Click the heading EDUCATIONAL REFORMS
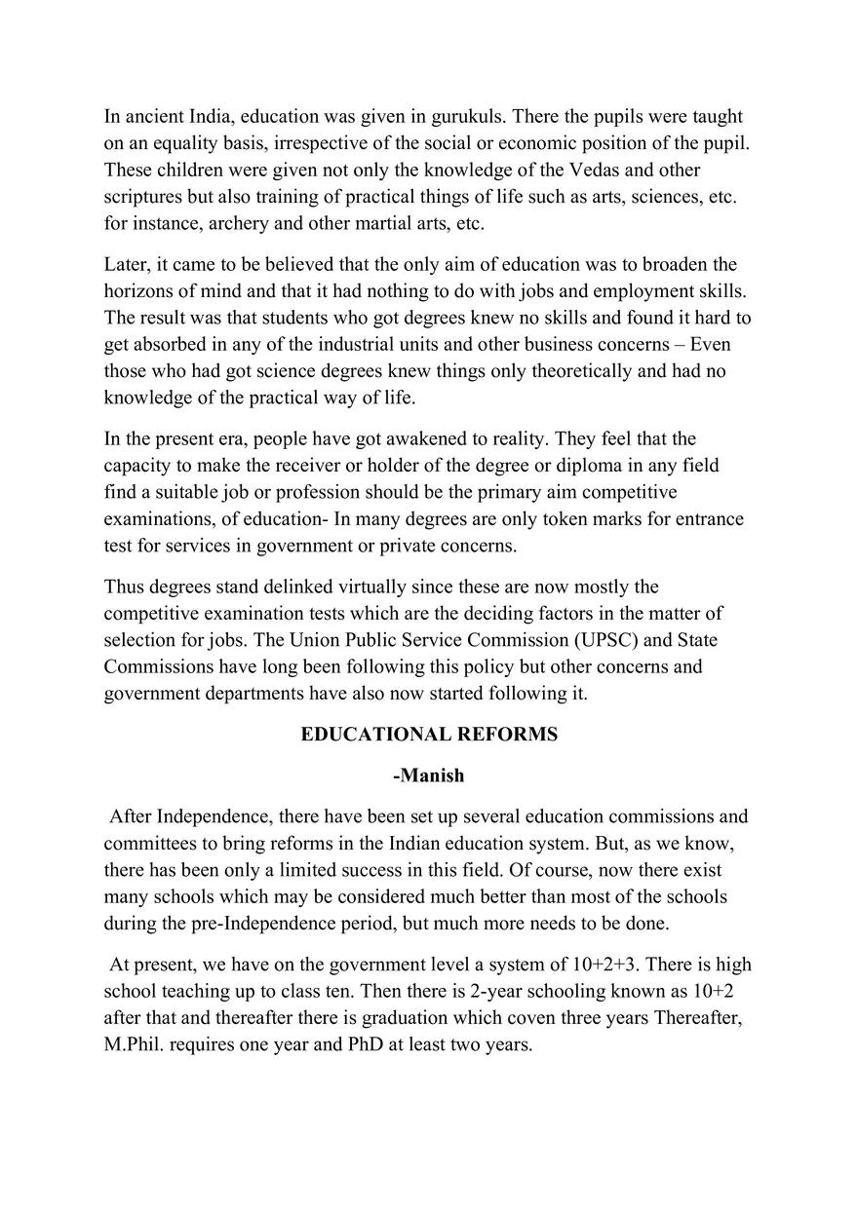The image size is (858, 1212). tap(429, 735)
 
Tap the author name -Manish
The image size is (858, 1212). tap(429, 776)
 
